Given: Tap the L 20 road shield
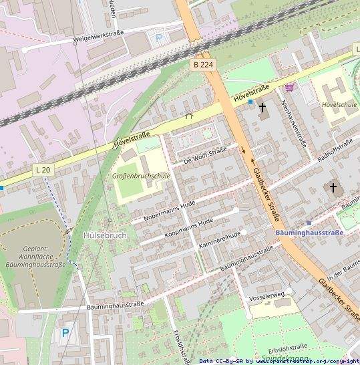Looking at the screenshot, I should coord(42,170).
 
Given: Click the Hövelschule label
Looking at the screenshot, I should coord(339,105).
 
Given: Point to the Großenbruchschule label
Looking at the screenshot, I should coord(141,176).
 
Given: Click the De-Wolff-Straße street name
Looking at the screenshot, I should coord(205,155).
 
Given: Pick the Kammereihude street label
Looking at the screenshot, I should coord(219,241).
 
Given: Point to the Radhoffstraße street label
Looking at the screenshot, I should coord(335,148).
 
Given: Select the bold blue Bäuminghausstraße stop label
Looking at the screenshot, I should coord(309,233).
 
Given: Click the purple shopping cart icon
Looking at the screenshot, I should coord(289,87).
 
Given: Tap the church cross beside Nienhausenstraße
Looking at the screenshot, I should coord(262,107).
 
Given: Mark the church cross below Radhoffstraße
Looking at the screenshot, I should coord(333,188).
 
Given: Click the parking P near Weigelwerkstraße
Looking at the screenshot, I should coord(159,38).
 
